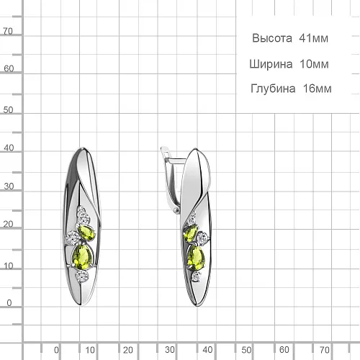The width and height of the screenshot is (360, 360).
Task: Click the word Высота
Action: tap(272, 38)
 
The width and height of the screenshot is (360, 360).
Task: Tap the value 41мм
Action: tap(313, 38)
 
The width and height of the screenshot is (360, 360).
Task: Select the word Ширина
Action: tap(271, 64)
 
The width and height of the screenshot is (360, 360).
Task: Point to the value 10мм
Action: tap(314, 64)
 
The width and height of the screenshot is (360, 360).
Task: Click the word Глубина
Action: tap(273, 89)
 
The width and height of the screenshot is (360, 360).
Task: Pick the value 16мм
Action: tap(318, 89)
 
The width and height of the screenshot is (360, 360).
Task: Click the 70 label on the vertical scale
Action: tap(8, 31)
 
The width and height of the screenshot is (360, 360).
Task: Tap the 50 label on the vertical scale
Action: tap(8, 110)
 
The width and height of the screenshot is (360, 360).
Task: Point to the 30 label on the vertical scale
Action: tap(9, 186)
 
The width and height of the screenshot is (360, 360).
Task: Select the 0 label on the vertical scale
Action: tap(9, 303)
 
